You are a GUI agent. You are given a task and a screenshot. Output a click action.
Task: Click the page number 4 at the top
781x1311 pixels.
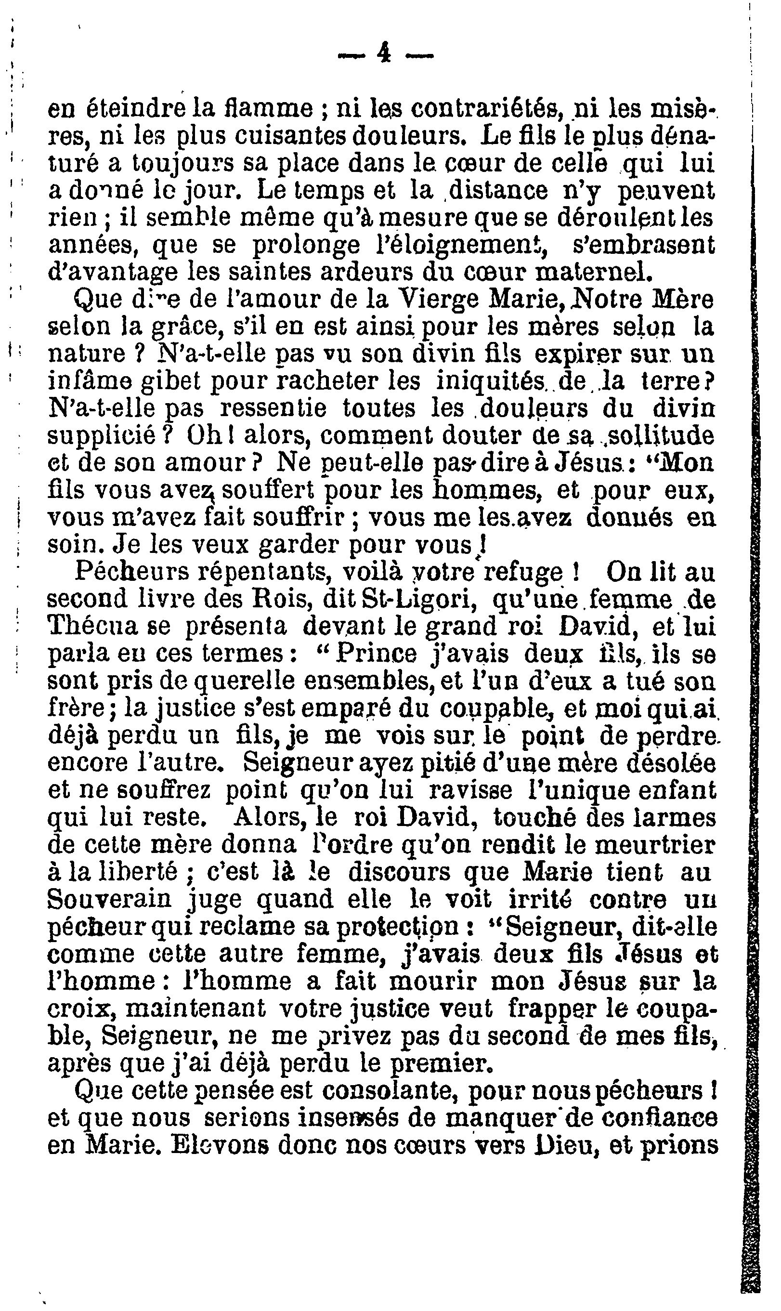coord(384,53)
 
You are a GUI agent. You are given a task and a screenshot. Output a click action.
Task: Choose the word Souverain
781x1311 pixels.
coord(109,900)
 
